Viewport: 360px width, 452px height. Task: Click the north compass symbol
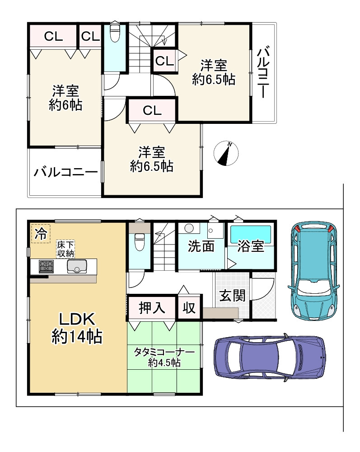226,153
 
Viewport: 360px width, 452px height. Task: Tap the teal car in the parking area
314,270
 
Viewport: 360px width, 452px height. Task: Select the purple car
270,357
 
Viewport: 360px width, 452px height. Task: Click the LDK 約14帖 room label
77,328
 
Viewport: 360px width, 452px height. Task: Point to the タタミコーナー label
164,352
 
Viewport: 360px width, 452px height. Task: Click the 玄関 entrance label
233,296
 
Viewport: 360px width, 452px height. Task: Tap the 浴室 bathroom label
251,246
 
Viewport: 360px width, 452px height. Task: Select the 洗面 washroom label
201,246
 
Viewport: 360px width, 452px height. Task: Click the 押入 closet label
152,307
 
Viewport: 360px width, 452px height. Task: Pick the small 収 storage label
189,308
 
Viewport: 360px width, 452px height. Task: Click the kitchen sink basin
77,266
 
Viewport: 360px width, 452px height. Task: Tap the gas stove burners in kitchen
46,266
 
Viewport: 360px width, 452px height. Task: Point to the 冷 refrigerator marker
41,234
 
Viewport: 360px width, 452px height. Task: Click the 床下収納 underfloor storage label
65,249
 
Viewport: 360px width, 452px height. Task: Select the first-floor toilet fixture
140,241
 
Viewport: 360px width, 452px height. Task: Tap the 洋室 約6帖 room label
65,98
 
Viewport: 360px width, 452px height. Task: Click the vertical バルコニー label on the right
262,73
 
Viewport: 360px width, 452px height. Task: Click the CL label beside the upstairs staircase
164,61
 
